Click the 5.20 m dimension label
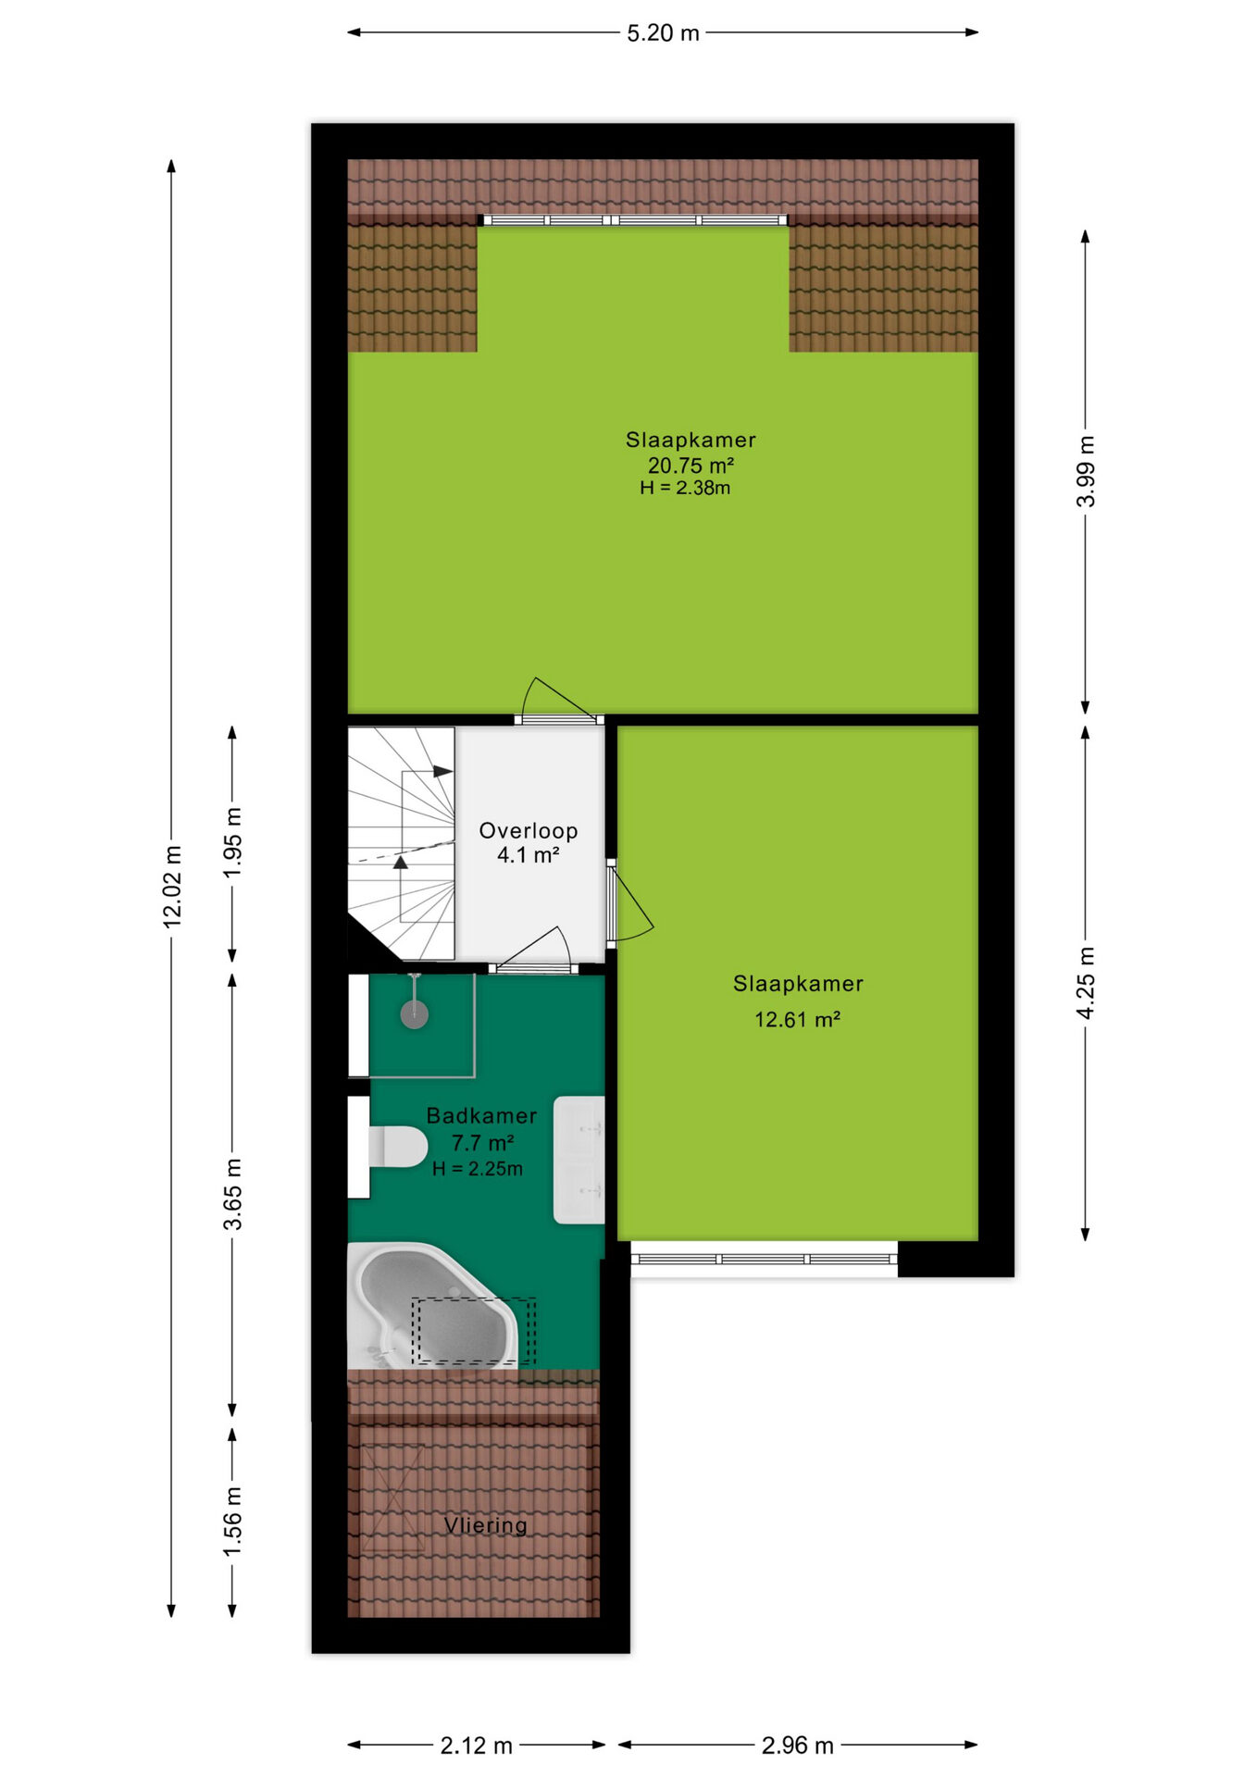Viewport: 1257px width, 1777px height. pos(663,33)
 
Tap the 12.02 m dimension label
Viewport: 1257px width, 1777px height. pos(172,886)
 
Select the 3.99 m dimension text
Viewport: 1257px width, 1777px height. pos(1086,471)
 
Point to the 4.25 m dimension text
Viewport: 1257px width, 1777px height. pos(1086,983)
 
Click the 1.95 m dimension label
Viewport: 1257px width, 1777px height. pos(232,842)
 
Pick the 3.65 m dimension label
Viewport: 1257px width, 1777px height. pos(232,1194)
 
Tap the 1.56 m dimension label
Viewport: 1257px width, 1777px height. pos(232,1522)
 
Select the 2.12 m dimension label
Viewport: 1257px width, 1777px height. pos(476,1746)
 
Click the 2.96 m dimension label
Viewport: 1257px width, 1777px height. pos(798,1746)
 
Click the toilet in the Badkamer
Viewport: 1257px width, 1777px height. pos(398,1147)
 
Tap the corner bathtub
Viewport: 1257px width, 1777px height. pos(431,1305)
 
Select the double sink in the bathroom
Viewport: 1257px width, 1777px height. pos(579,1161)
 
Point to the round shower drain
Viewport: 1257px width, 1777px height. pos(414,1015)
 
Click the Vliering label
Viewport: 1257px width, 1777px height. pos(486,1525)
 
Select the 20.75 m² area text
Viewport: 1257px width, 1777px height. pos(691,466)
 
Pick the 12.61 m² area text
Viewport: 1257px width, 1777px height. pos(797,1020)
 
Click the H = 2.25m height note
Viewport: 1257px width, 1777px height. pos(478,1169)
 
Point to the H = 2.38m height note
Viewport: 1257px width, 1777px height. pos(685,488)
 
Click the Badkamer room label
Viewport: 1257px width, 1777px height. pos(481,1116)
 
